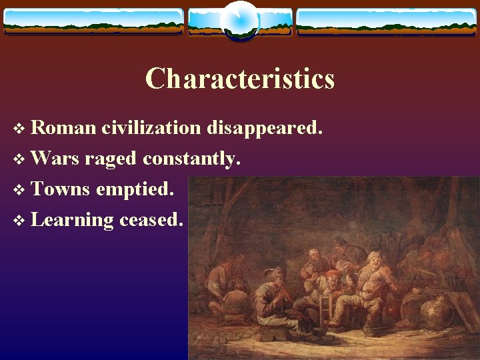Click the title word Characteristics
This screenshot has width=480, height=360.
pyautogui.click(x=240, y=79)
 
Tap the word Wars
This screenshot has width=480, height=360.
pyautogui.click(x=55, y=158)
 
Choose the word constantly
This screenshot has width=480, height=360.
pyautogui.click(x=190, y=159)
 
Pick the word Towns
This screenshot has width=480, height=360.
pyautogui.click(x=60, y=189)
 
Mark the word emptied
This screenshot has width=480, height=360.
pyautogui.click(x=135, y=190)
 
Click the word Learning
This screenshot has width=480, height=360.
pyautogui.click(x=72, y=220)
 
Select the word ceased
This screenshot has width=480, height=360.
pyautogui.click(x=151, y=219)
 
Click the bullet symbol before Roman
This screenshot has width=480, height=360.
pyautogui.click(x=18, y=128)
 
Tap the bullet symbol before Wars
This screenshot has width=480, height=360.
pyautogui.click(x=18, y=159)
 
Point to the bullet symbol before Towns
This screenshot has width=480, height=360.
pyautogui.click(x=18, y=189)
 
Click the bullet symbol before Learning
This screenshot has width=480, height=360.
pyautogui.click(x=18, y=220)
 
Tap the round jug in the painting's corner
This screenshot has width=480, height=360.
pyautogui.click(x=436, y=313)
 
